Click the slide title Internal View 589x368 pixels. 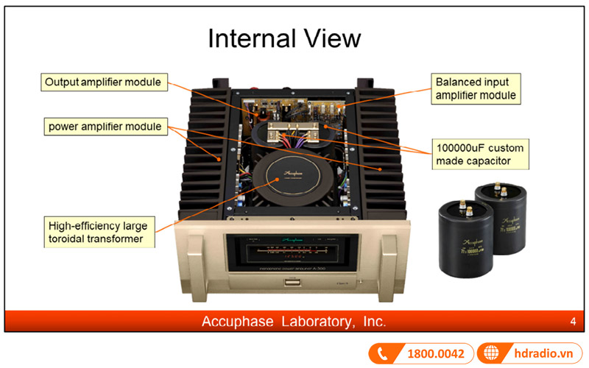pos(284,38)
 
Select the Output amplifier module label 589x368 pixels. pos(102,82)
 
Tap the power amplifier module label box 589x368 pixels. pos(104,126)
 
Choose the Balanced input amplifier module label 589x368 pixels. pos(476,88)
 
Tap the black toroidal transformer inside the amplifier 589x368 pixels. pos(283,178)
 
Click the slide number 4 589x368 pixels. pos(572,322)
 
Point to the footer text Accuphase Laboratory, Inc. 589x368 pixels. pos(294,322)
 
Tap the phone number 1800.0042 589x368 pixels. pos(435,354)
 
